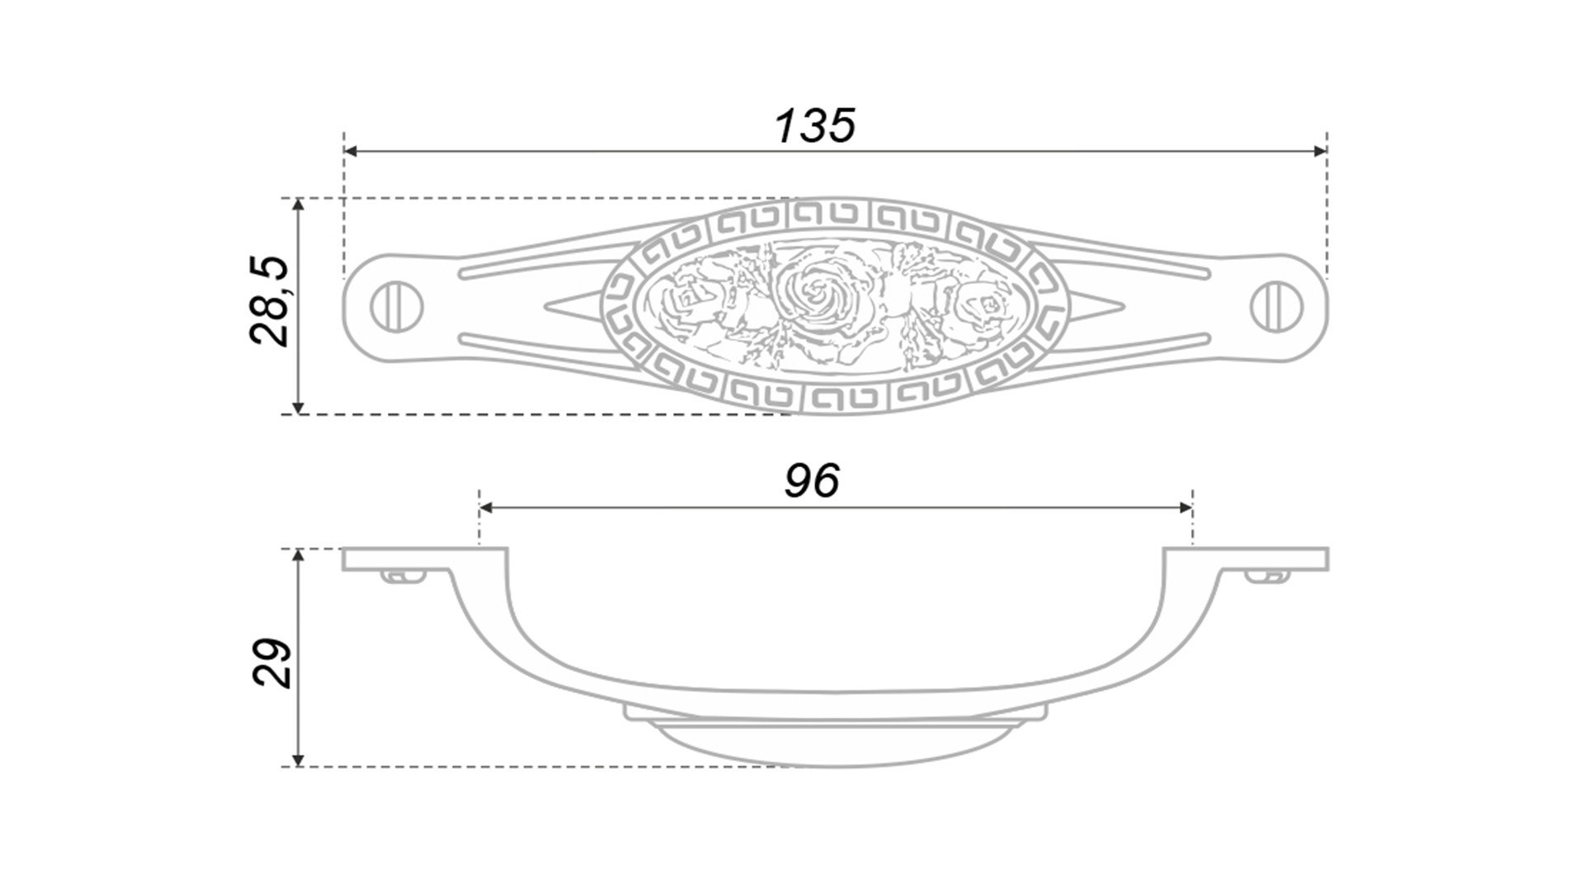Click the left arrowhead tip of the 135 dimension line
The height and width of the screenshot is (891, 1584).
(345, 152)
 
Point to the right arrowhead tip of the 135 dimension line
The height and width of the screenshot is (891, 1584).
(1327, 152)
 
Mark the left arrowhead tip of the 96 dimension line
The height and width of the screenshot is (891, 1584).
(479, 507)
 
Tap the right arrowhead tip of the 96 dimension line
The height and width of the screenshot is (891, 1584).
(1192, 507)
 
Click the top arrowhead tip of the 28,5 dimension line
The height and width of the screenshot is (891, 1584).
(299, 199)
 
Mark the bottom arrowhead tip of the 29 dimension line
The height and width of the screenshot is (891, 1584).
(299, 766)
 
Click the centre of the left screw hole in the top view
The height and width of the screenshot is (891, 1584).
(397, 307)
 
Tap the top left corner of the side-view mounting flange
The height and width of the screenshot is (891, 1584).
(343, 548)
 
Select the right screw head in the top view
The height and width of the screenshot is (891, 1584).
(1276, 307)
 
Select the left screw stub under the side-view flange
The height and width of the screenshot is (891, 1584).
(404, 576)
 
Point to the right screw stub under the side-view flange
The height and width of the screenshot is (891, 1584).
(1266, 576)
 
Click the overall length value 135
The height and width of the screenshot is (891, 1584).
(815, 126)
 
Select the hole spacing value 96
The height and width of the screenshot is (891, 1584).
(812, 481)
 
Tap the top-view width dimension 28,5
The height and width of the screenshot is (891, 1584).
(270, 301)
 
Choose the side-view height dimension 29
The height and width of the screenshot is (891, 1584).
(271, 662)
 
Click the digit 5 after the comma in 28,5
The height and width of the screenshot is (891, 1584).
(270, 270)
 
